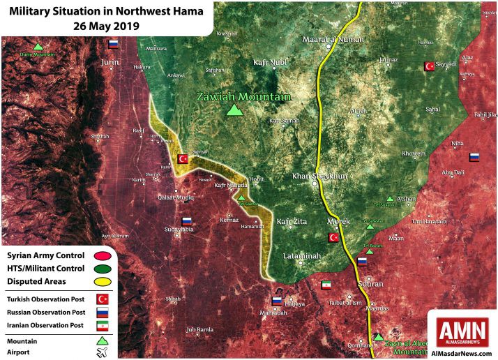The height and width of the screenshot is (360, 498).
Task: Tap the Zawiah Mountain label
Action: pos(243,97)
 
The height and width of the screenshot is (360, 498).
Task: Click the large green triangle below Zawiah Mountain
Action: pos(236,110)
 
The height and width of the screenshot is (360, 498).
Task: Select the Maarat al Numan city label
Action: pos(333,39)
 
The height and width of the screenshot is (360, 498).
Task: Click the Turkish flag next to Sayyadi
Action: pos(429,66)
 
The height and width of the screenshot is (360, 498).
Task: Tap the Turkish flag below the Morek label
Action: pos(333,238)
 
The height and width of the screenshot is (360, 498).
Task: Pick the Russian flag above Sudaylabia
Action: pos(187,222)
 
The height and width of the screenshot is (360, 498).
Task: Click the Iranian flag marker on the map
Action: pos(326,285)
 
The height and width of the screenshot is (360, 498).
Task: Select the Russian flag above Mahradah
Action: pos(277,301)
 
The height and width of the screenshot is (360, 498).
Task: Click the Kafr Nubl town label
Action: pos(269,63)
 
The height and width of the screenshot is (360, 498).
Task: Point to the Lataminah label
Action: pos(302,256)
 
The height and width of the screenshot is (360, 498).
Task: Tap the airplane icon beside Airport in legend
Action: pos(102,353)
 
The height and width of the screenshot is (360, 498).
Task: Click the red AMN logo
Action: pos(462,331)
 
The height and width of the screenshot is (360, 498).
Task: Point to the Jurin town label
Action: pos(110,62)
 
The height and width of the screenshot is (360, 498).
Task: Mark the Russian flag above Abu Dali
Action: pos(474,158)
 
